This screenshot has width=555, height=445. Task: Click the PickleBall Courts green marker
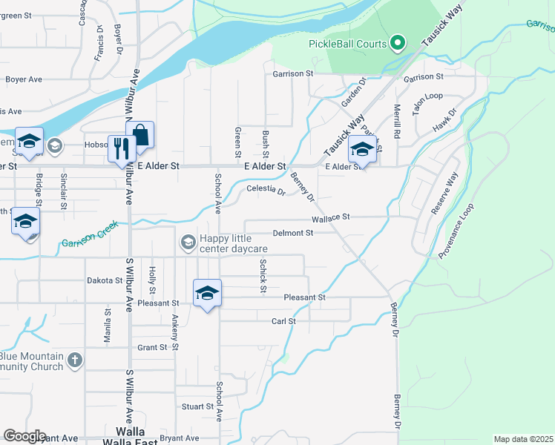[x=398, y=44]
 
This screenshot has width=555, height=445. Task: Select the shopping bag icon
[x=140, y=135]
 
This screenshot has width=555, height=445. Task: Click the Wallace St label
[x=330, y=217]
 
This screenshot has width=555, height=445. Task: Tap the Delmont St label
[x=294, y=232]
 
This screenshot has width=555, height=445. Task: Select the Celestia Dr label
[x=266, y=191]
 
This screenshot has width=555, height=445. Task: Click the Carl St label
[x=283, y=321]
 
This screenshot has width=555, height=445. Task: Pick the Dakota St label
[x=105, y=281]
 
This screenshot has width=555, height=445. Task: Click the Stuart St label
[x=198, y=406]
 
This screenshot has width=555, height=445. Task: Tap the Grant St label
[x=152, y=347]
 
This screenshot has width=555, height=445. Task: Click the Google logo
[x=24, y=436]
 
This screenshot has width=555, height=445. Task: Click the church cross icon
[x=73, y=360]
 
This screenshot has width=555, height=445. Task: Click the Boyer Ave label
[x=24, y=79]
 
